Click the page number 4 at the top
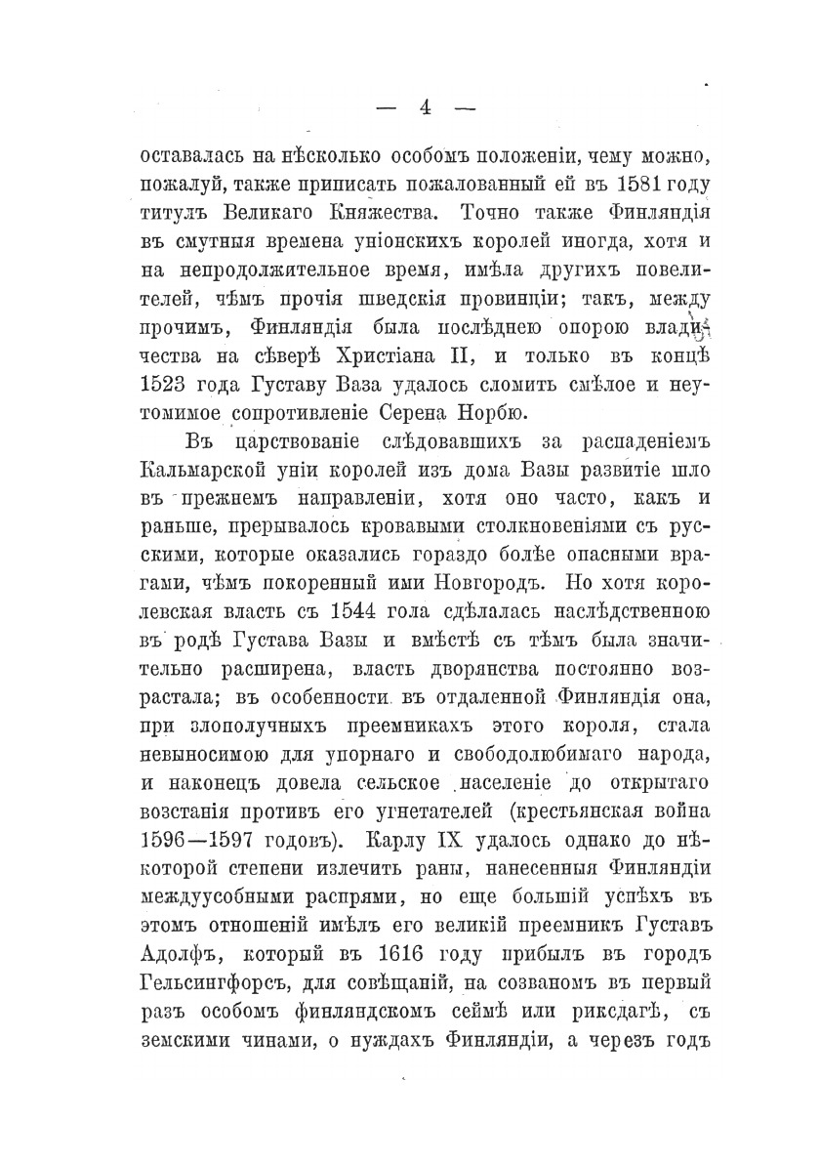tap(424, 108)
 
